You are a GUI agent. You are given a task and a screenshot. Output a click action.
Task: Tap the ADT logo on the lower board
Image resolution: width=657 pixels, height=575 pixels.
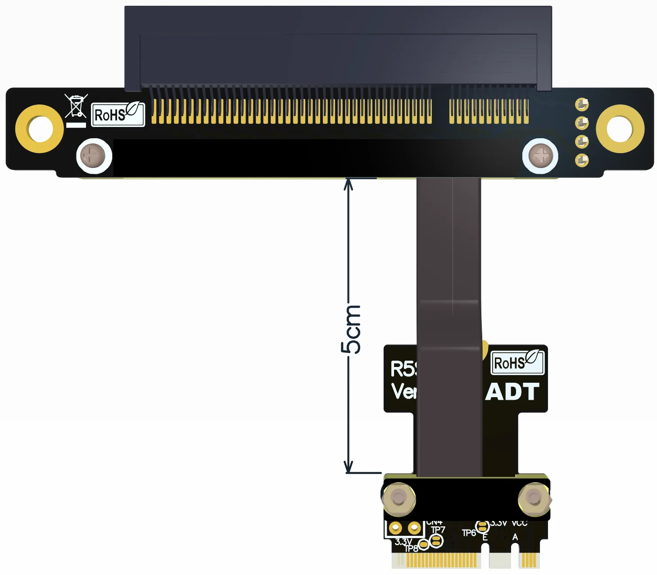pos(512,392)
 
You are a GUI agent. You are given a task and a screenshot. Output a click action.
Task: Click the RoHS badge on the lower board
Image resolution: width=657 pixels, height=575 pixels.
pos(517,362)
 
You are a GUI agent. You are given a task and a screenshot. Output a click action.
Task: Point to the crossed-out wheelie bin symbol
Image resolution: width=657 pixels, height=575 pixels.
pos(76,106)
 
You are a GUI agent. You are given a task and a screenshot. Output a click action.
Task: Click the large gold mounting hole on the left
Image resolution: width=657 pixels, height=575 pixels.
pos(40,129)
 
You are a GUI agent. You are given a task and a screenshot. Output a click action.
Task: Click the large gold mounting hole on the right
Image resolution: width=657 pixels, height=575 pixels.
pos(620,129)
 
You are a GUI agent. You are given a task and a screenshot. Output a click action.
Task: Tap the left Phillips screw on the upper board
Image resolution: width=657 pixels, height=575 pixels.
pos(94,156)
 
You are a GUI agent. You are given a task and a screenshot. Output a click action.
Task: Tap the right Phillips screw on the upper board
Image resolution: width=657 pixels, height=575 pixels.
pos(540,156)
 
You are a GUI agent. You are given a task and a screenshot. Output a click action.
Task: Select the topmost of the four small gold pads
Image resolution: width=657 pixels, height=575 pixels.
pos(582,104)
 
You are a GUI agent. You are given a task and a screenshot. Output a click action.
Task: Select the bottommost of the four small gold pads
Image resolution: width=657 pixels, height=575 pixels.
pos(582,160)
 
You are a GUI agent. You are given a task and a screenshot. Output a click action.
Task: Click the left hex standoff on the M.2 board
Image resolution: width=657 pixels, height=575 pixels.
pos(398,499)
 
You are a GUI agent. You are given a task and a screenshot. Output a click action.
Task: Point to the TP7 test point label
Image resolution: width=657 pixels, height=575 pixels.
pos(438,530)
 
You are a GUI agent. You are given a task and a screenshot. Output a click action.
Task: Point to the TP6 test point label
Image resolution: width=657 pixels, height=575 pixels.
pos(468,533)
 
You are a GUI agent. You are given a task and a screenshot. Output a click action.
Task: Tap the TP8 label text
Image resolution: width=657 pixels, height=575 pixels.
pos(411,548)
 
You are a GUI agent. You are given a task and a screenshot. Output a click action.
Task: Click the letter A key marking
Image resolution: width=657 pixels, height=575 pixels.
pos(515,537)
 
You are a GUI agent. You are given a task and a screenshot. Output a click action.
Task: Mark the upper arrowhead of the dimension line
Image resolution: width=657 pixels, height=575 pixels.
pos(348,183)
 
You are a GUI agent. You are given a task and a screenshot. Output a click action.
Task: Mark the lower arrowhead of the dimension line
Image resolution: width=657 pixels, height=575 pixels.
pos(348,468)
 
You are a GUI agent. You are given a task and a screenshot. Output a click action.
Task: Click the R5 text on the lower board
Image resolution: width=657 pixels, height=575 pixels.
pos(403,369)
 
